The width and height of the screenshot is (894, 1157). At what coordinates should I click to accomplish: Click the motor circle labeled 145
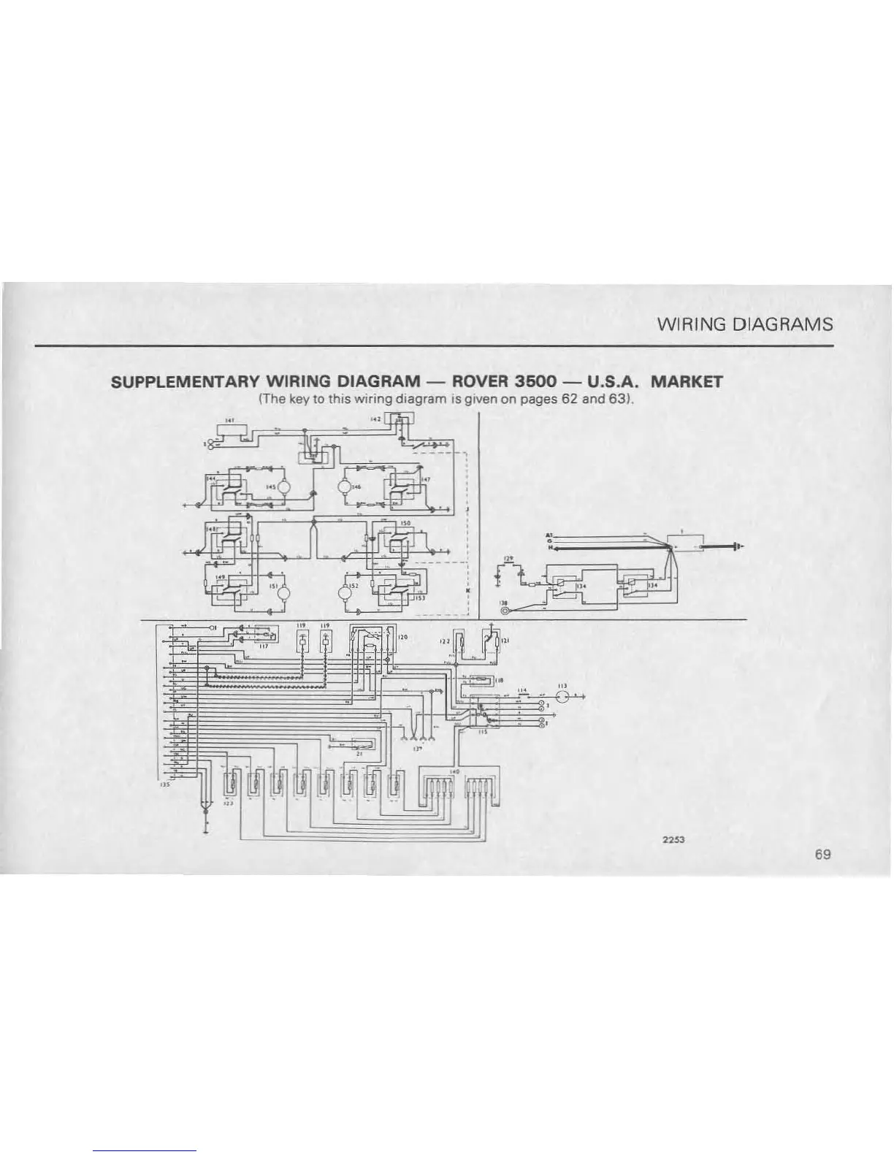coord(286,487)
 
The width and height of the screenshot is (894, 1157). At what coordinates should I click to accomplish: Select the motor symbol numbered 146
coord(345,487)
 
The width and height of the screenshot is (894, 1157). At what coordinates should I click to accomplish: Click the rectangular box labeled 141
coord(229,431)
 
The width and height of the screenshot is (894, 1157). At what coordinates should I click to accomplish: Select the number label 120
coord(402,637)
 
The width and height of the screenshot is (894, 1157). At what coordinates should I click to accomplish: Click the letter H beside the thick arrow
coord(550,548)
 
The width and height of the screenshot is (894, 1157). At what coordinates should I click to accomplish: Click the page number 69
coord(824,855)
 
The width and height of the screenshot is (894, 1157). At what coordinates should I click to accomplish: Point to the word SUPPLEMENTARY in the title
coord(185,381)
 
